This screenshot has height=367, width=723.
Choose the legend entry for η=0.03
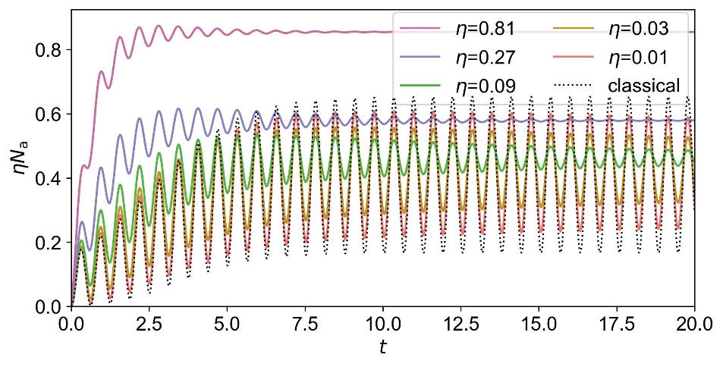pos(638,30)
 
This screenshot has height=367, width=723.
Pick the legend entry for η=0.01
pos(638,57)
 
